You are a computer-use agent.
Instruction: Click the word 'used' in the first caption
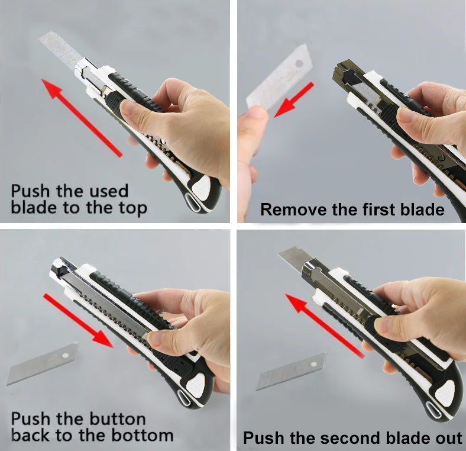pyautogui.click(x=109, y=191)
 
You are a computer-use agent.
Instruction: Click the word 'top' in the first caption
pyautogui.click(x=133, y=208)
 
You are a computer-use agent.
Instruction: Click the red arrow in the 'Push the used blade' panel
pyautogui.click(x=82, y=118)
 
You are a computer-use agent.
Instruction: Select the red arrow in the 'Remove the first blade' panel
pyautogui.click(x=294, y=99)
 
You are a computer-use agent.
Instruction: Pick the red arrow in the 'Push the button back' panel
pyautogui.click(x=78, y=320)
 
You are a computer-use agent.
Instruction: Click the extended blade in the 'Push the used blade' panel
pyautogui.click(x=61, y=49)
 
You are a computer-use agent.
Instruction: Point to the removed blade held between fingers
pyautogui.click(x=279, y=78)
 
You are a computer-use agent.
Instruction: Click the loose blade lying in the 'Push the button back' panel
pyautogui.click(x=43, y=363)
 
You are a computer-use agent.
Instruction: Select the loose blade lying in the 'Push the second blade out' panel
pyautogui.click(x=291, y=372)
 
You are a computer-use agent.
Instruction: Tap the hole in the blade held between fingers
pyautogui.click(x=299, y=63)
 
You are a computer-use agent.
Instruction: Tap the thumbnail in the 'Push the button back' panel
pyautogui.click(x=155, y=339)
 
